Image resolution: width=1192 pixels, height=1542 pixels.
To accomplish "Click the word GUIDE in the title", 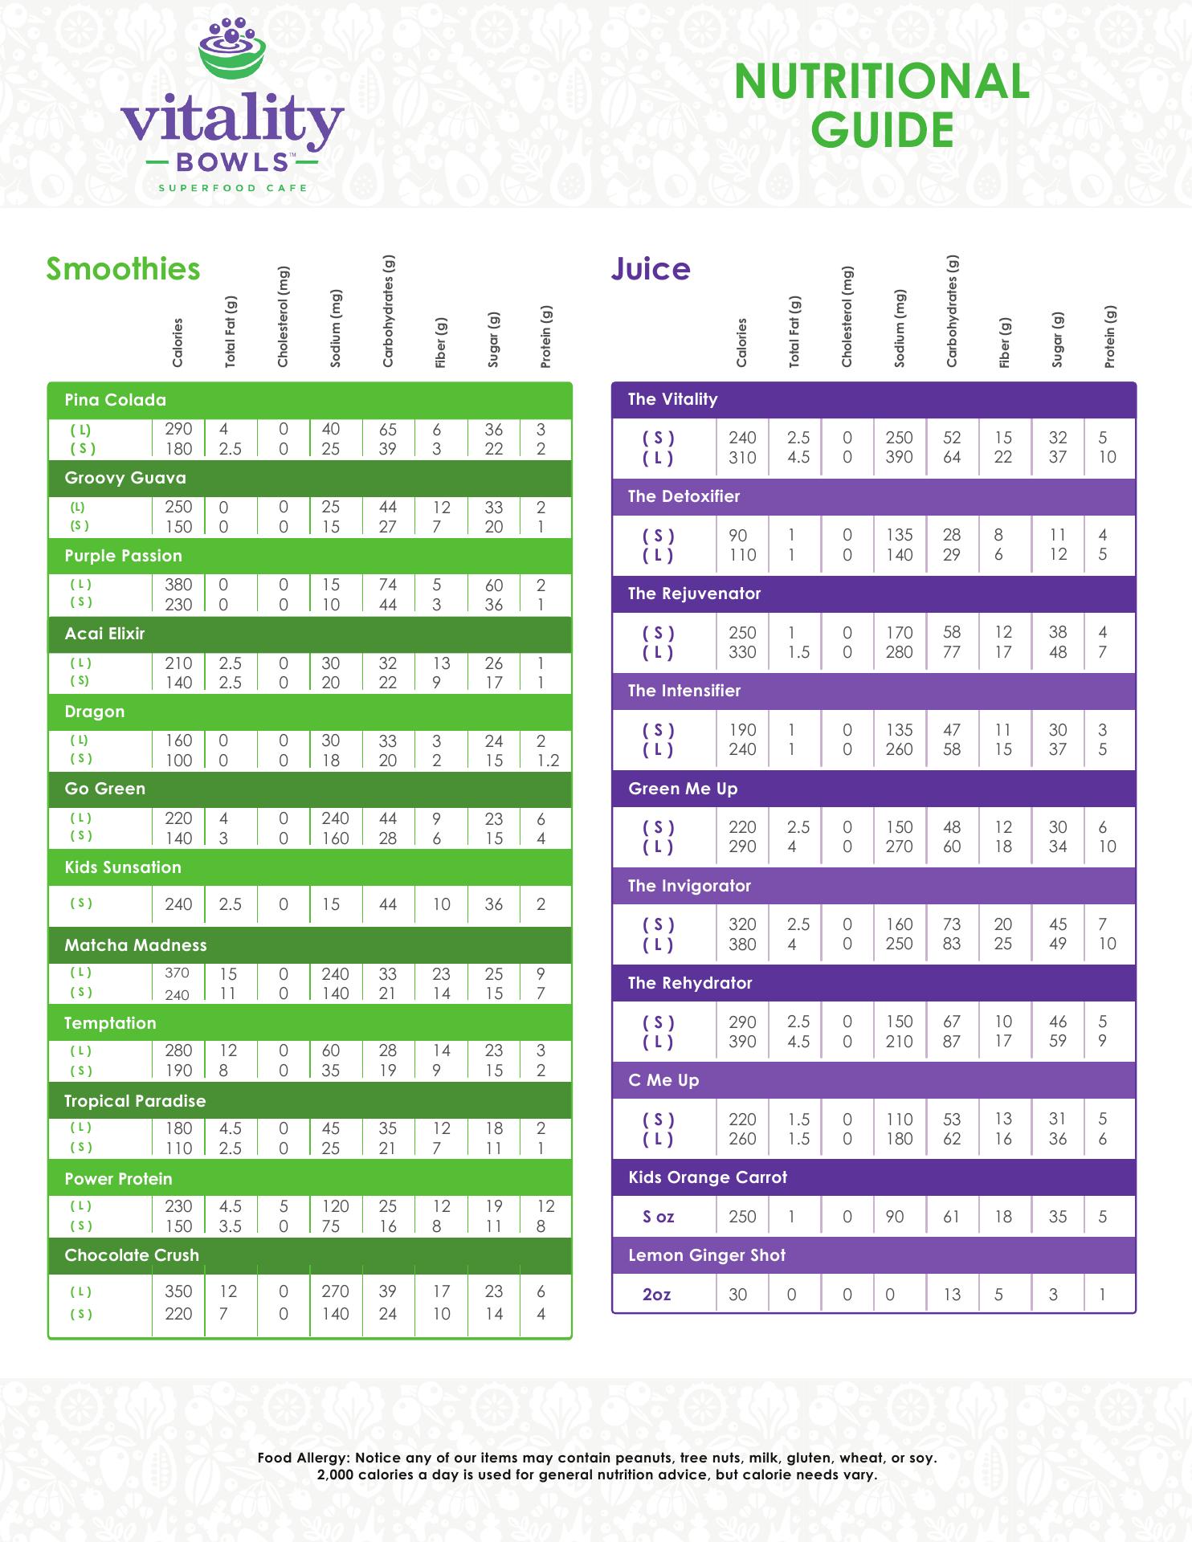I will pos(882,130).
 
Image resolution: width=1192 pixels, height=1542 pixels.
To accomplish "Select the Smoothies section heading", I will pos(123,269).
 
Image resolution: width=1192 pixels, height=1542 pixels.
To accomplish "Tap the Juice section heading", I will pos(650,269).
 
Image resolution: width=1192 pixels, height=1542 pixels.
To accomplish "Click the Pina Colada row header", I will pos(116,400).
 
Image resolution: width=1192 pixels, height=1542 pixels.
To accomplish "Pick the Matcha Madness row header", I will pos(136,945).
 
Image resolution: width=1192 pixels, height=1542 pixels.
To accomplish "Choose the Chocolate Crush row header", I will pos(132,1255).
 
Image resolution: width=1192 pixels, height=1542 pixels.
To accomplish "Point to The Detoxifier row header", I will pos(684,496).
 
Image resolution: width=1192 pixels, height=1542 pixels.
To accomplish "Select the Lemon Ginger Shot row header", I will pos(707,1255).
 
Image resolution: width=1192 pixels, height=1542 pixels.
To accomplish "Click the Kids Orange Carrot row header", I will pos(708,1177).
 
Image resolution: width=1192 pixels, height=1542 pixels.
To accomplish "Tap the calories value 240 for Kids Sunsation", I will pos(178,904).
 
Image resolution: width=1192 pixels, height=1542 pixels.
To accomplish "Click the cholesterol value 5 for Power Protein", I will pos(284,1206).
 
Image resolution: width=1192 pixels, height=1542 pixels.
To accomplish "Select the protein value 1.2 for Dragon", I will pos(548,761).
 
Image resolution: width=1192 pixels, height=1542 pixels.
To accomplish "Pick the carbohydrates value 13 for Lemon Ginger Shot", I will pos(952,1295).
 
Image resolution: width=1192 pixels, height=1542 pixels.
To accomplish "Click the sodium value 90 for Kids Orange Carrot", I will pos(894,1217).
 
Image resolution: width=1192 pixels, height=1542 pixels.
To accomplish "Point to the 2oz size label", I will pos(656,1295).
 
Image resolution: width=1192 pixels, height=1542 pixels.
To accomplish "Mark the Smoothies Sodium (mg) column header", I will pos(336,328).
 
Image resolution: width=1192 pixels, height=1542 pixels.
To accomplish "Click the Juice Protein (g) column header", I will pos(1110,337).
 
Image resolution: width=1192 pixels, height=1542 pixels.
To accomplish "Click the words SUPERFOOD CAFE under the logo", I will pos(232,188).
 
